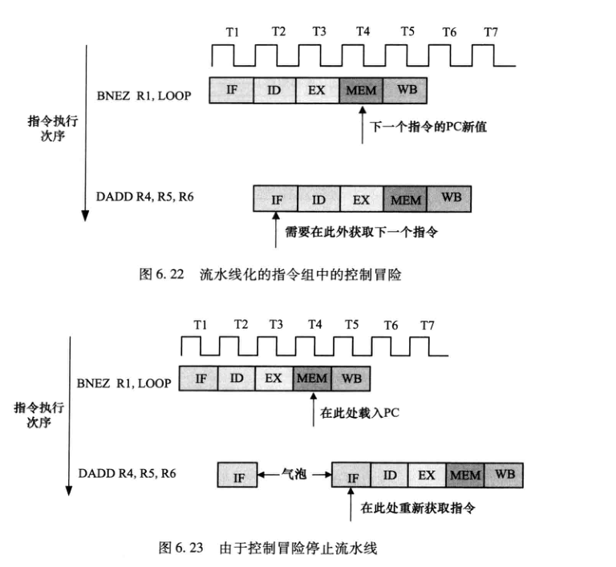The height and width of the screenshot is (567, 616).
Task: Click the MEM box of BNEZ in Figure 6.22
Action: [361, 90]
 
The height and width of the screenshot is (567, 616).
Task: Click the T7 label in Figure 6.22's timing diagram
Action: [491, 32]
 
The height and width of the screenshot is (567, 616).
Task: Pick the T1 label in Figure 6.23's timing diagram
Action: [200, 324]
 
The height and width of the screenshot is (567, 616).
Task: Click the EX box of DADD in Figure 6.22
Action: [361, 197]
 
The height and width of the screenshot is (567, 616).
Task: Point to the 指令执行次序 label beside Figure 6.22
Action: [46, 128]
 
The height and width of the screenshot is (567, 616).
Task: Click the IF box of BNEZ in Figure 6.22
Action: [231, 90]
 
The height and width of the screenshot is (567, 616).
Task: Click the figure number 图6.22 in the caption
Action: [159, 274]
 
